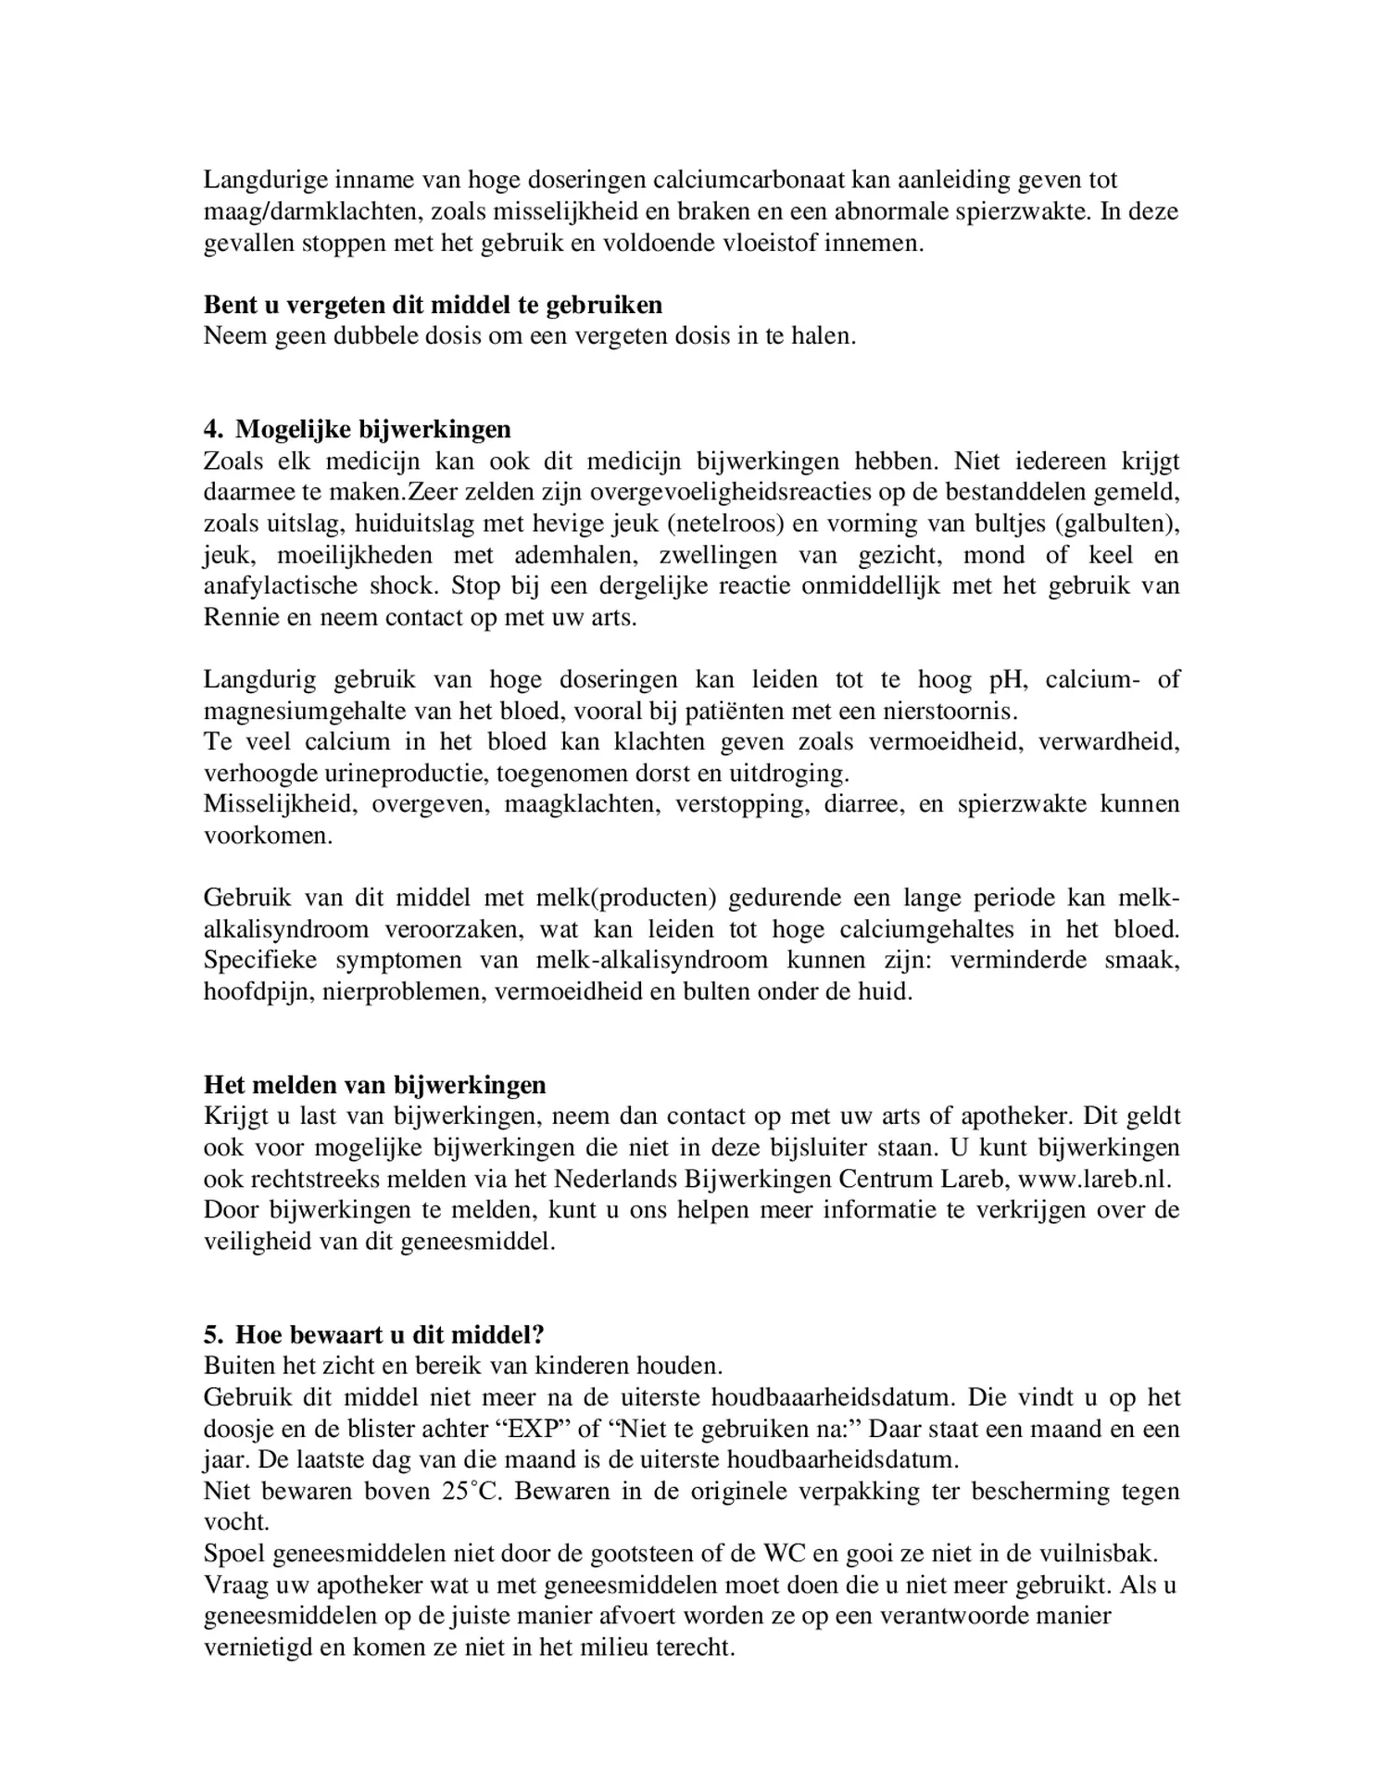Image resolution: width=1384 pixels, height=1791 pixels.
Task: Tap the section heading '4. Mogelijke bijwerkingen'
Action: point(357,429)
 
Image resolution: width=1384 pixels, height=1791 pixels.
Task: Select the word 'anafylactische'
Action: point(281,586)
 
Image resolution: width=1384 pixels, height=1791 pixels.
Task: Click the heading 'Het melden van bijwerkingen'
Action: point(374,1085)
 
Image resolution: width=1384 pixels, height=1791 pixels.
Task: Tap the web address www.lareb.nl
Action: point(1094,1179)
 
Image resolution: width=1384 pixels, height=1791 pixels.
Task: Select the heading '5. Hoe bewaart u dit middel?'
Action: point(373,1335)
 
